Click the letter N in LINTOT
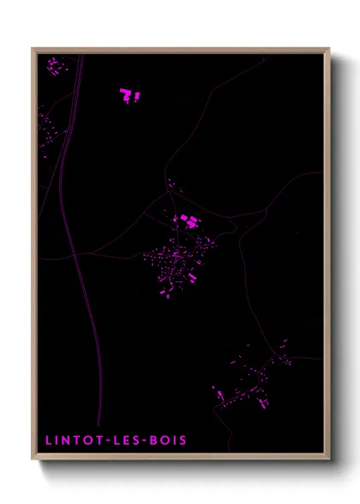click(x=63, y=441)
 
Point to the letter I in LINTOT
click(x=54, y=441)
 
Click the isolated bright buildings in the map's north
click(x=129, y=95)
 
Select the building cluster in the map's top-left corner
click(x=54, y=65)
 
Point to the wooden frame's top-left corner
click(x=33, y=50)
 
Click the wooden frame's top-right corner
click(x=328, y=50)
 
